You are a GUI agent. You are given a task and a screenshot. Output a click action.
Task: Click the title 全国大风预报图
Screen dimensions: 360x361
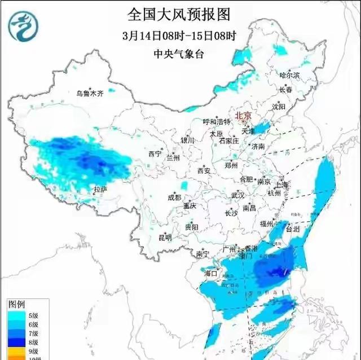click(179, 14)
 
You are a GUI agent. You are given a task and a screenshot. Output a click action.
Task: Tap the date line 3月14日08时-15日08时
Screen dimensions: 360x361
click(179, 36)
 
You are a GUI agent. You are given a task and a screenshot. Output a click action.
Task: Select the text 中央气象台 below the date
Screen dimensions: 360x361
click(179, 55)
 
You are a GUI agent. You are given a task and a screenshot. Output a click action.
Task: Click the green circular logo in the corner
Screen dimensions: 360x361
click(23, 27)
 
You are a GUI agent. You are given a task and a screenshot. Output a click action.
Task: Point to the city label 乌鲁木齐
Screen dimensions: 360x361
click(90, 94)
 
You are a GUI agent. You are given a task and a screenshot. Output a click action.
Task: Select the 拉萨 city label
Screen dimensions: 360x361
click(100, 190)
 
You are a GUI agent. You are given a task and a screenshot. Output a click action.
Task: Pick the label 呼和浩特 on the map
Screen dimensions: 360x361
click(217, 122)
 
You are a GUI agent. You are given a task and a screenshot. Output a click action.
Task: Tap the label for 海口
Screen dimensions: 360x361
click(210, 274)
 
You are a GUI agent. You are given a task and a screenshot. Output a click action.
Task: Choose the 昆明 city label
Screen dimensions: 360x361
click(164, 238)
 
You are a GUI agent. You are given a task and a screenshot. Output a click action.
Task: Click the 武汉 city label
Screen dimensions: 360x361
click(237, 196)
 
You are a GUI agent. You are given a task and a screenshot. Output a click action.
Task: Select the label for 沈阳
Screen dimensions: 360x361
click(294, 106)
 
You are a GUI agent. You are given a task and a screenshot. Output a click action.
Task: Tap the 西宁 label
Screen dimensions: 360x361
click(155, 153)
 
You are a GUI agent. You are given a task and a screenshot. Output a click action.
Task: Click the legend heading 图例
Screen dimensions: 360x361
click(16, 304)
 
